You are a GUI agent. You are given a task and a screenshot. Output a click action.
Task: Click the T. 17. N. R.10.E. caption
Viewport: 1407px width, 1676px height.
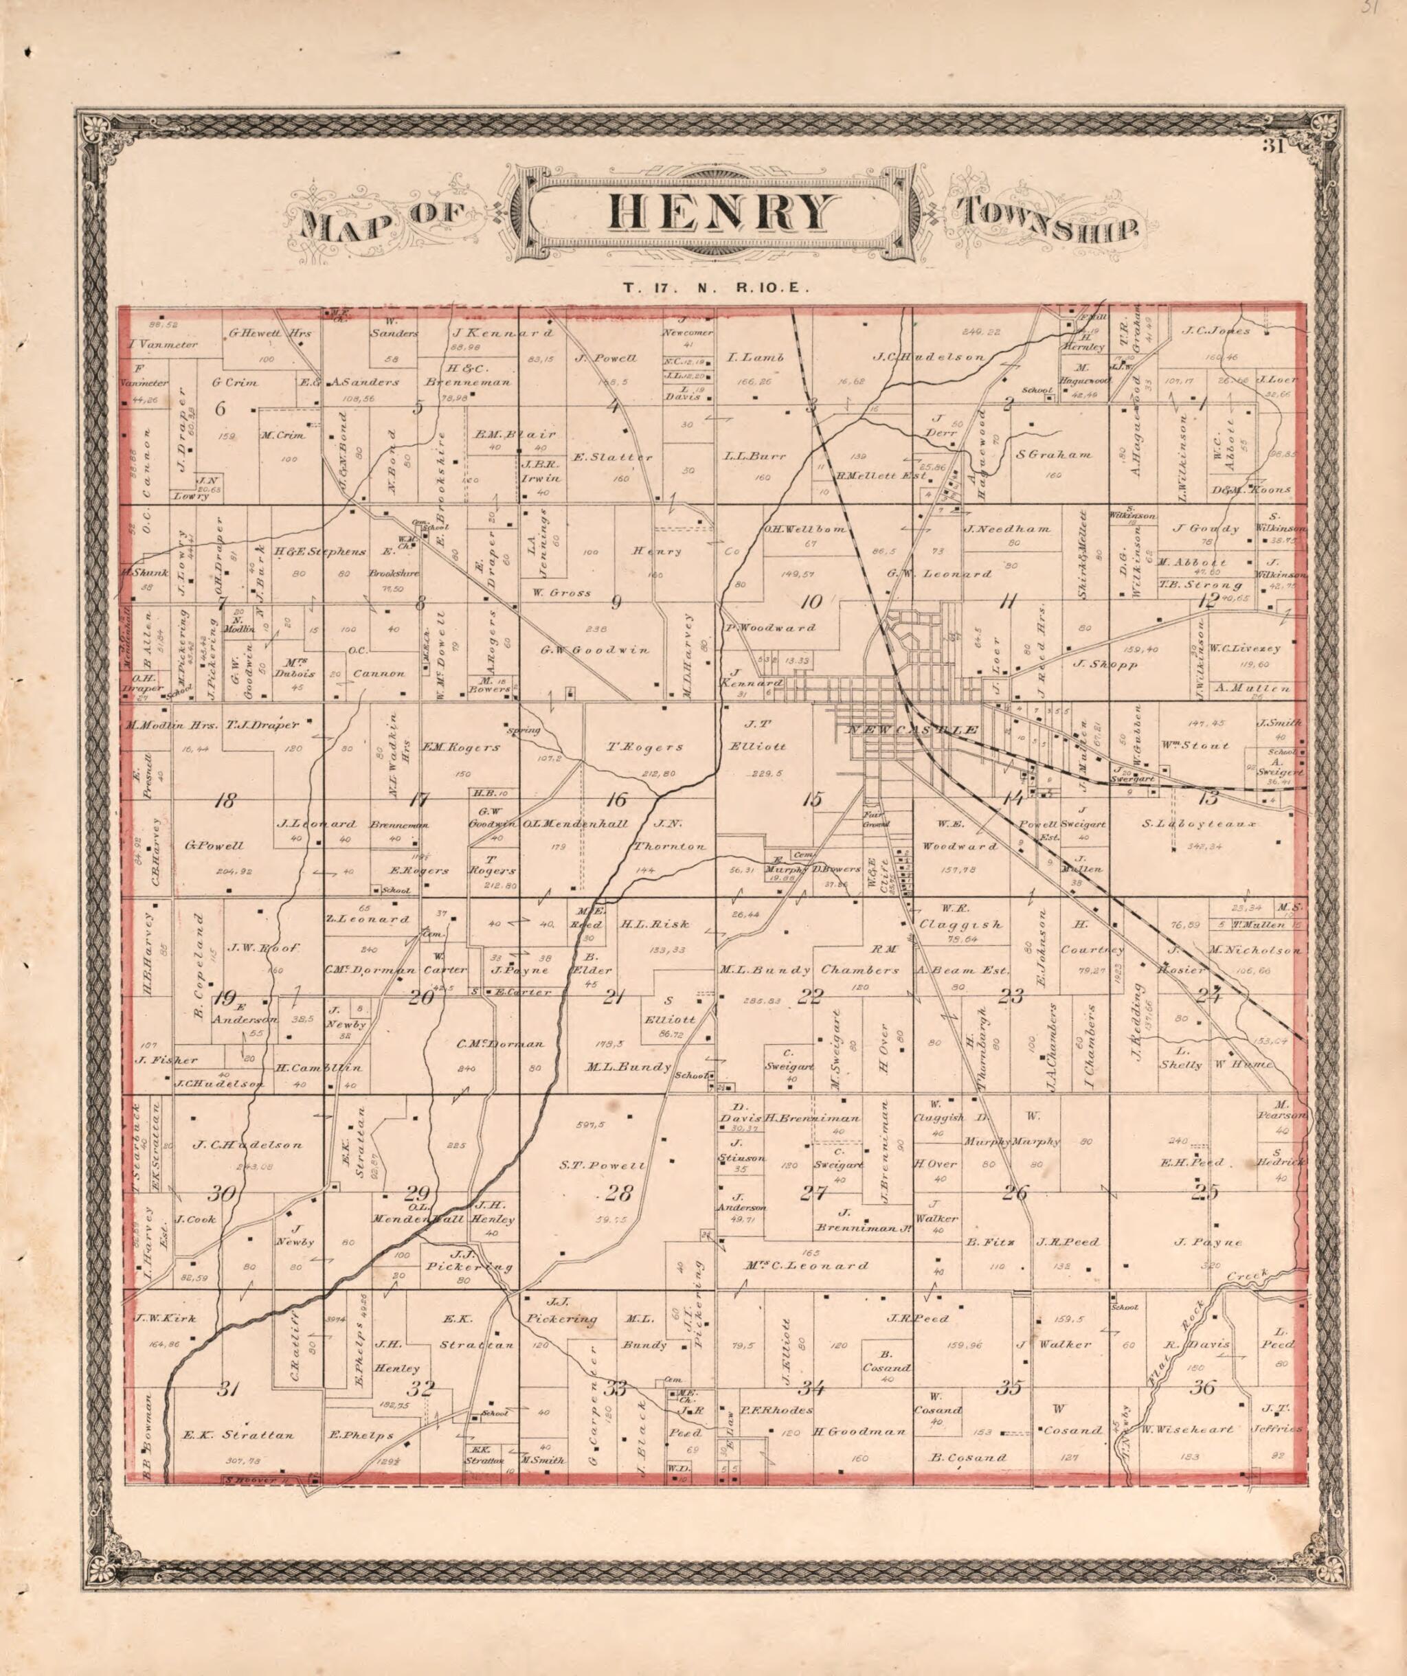point(717,289)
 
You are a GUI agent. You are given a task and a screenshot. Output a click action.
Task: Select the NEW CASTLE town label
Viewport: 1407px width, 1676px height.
point(913,730)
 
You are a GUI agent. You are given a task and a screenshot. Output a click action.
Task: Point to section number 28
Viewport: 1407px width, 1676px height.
point(618,1194)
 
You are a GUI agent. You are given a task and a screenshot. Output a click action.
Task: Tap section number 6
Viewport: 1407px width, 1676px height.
point(221,409)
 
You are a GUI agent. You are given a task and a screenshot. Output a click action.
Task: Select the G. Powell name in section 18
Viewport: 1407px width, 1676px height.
point(214,845)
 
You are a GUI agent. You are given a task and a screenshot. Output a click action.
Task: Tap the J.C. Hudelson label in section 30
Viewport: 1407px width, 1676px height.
point(247,1144)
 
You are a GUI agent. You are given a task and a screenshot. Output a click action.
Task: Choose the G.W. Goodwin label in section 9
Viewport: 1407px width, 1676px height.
point(594,650)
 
